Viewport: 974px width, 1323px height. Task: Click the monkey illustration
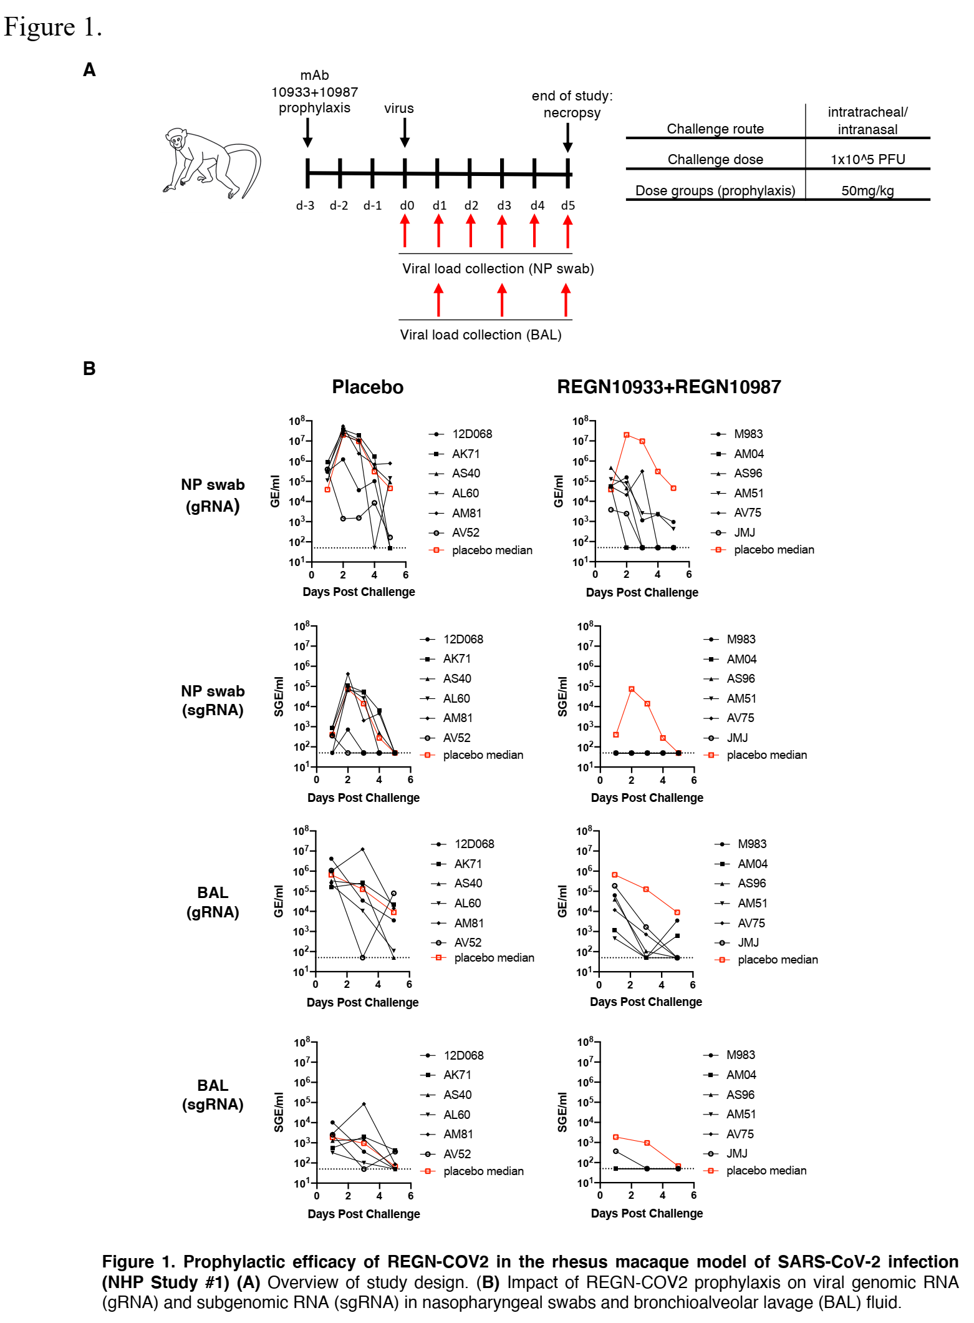[x=211, y=164]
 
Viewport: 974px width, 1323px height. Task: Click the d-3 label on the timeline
[x=305, y=205]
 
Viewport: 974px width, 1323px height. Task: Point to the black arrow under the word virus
[x=405, y=132]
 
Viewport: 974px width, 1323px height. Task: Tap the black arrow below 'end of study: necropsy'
[x=567, y=137]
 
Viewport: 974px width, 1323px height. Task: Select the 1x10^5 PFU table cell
[x=867, y=159]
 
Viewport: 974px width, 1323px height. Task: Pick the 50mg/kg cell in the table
[x=867, y=190]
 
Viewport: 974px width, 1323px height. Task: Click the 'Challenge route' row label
[x=715, y=129]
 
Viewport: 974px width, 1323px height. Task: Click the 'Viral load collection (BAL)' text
[x=481, y=334]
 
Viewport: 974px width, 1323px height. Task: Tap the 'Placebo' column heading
[x=367, y=387]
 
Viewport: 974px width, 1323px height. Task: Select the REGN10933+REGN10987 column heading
[x=668, y=387]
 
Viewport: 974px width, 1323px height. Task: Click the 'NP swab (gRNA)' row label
[x=213, y=496]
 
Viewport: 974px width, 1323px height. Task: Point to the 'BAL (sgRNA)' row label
[x=213, y=1095]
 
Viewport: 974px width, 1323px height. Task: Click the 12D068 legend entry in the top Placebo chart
[x=471, y=434]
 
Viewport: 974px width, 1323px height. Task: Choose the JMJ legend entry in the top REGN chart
[x=744, y=532]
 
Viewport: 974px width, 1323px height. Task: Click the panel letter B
[x=89, y=369]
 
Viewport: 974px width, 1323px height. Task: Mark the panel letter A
[x=89, y=70]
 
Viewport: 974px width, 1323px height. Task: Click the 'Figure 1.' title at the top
[x=52, y=27]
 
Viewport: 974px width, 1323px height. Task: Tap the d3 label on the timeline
[x=504, y=205]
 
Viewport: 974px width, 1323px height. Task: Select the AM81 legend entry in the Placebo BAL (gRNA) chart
[x=469, y=923]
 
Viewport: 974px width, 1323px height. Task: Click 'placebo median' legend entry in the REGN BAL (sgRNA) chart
[x=766, y=1171]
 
